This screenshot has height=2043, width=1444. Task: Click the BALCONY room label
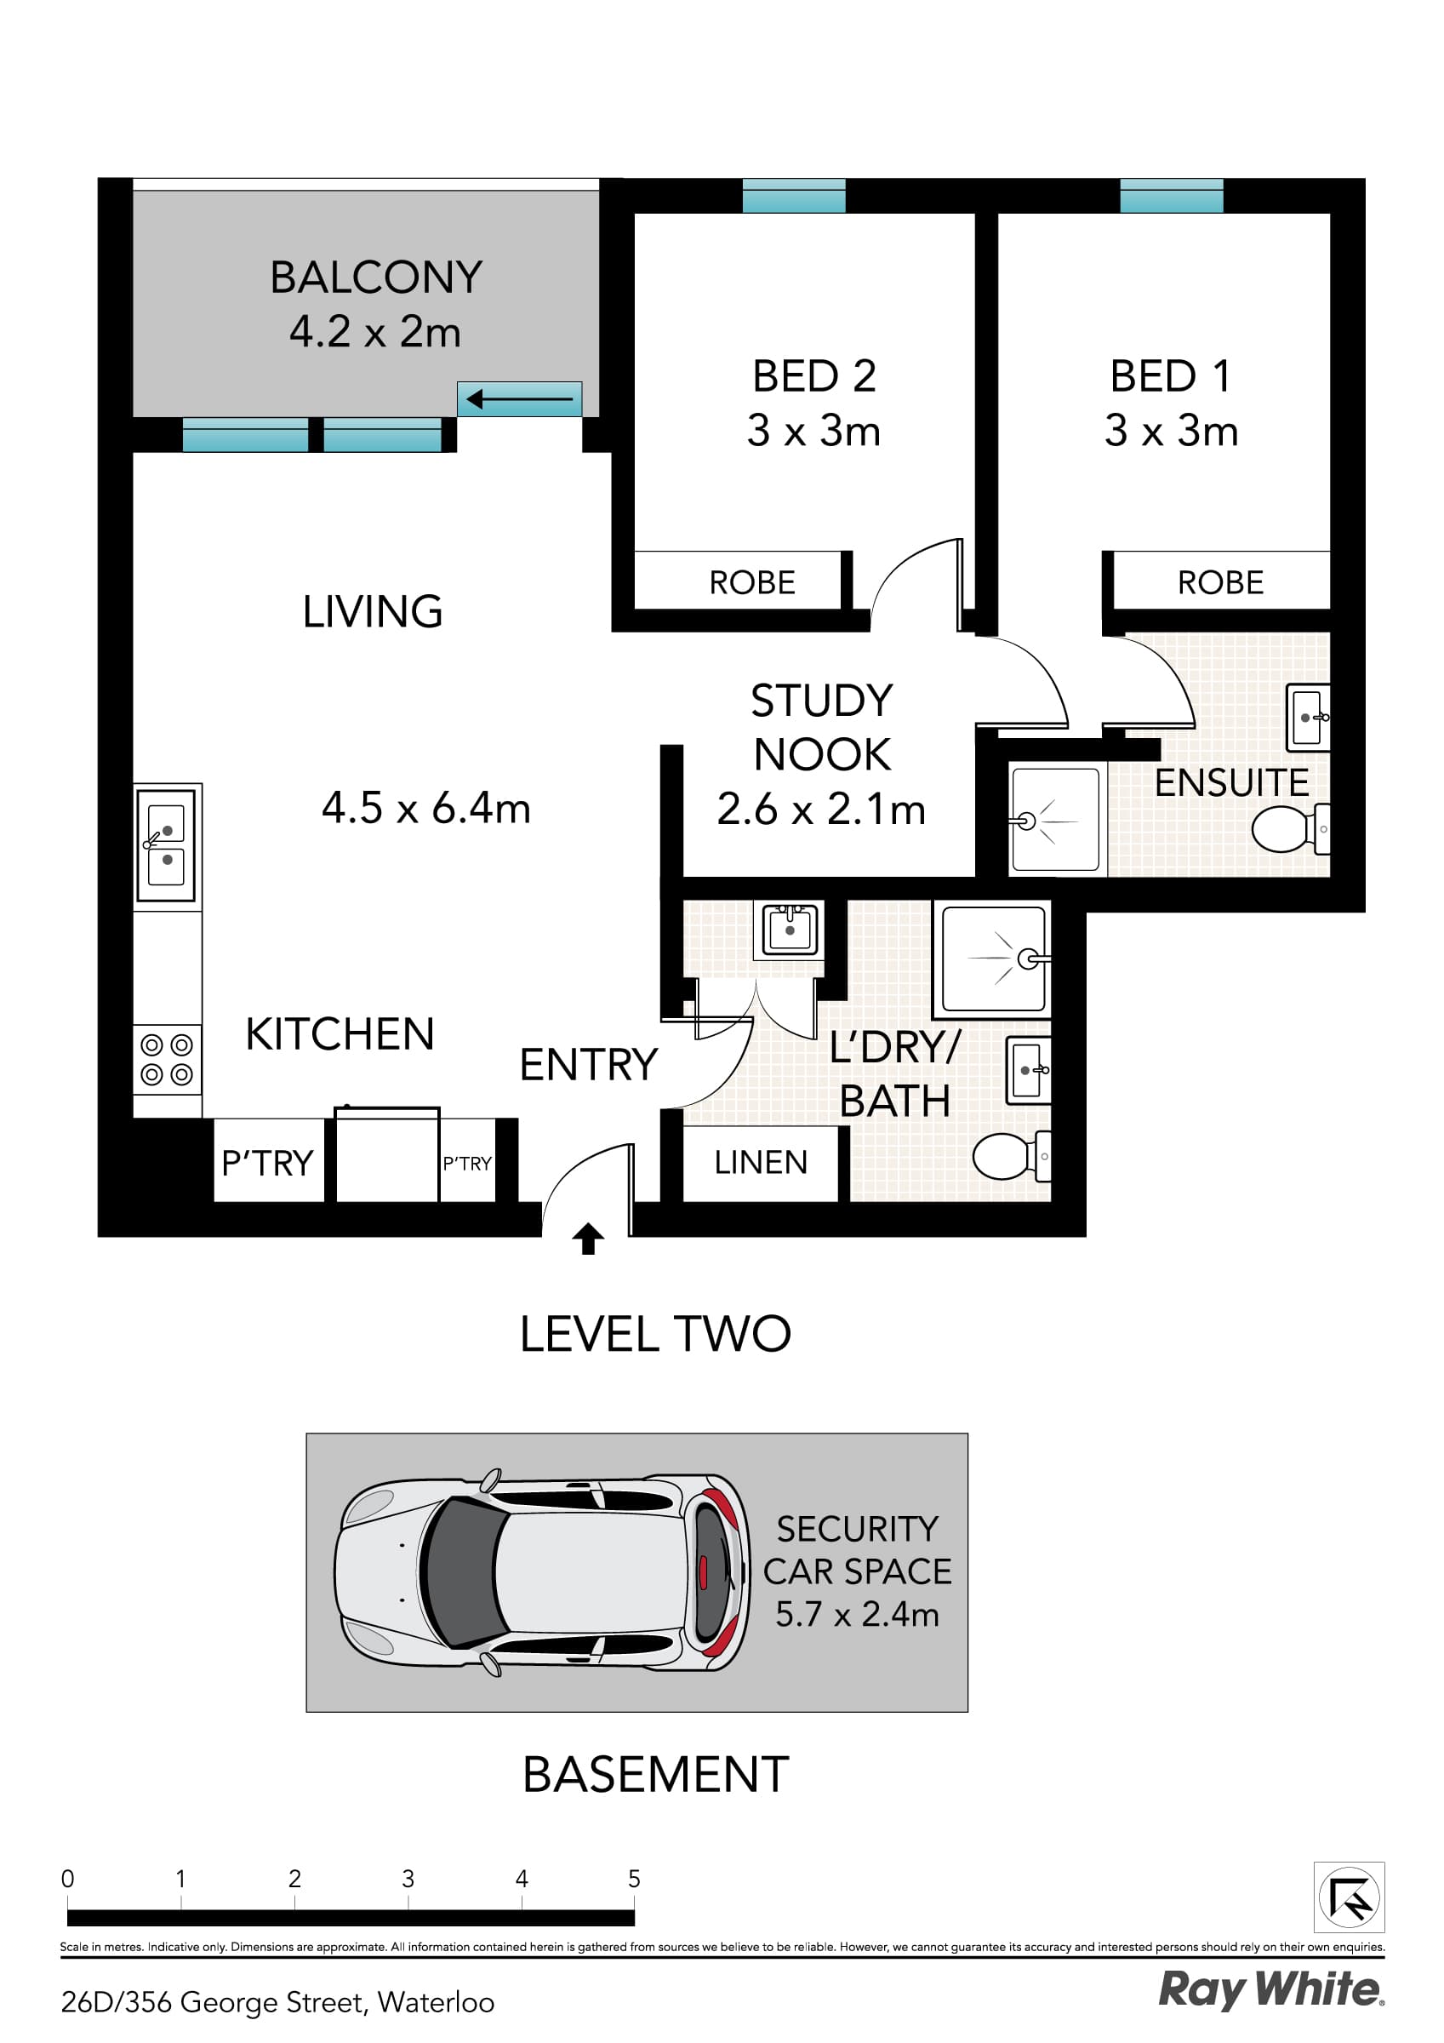375,277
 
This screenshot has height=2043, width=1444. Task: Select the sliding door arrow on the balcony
520,399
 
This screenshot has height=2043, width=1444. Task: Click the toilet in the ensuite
1287,828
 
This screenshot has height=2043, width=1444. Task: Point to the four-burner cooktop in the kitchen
167,1059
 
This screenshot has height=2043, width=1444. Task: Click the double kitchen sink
167,842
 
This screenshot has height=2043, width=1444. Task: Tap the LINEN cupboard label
761,1162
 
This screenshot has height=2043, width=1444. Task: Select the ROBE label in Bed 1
1220,583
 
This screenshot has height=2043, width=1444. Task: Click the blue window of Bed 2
794,196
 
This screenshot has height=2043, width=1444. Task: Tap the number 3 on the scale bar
408,1879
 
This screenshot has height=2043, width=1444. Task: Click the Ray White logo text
1270,1989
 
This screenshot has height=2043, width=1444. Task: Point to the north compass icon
1349,1897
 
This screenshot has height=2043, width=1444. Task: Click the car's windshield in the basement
461,1573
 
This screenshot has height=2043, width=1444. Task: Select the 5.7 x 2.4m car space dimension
857,1614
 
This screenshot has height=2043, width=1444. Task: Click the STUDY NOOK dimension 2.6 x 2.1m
821,810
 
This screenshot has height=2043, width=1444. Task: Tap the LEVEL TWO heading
655,1334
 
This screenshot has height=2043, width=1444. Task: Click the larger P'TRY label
267,1163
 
